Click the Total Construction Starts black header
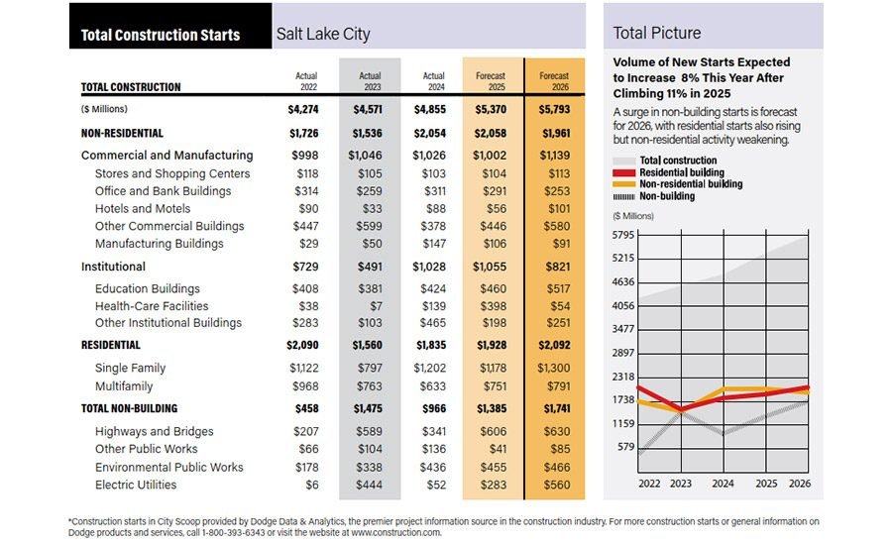pyautogui.click(x=161, y=35)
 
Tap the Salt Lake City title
pyautogui.click(x=323, y=35)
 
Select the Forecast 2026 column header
pyautogui.click(x=554, y=81)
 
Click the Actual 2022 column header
pyautogui.click(x=306, y=81)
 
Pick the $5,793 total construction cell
pyautogui.click(x=554, y=109)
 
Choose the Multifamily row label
pyautogui.click(x=124, y=386)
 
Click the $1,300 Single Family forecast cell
pyautogui.click(x=554, y=369)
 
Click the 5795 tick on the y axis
pyautogui.click(x=623, y=235)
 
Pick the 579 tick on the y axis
pyautogui.click(x=627, y=447)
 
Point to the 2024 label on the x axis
pyautogui.click(x=723, y=484)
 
